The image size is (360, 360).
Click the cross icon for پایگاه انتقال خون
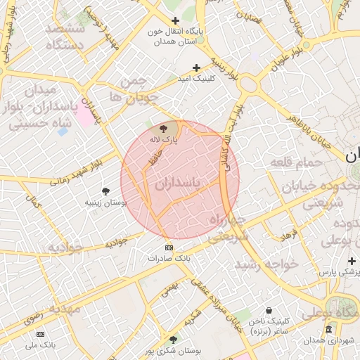pos(175,21)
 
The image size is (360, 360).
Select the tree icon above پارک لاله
pos(164,129)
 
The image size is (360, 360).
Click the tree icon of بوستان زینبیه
pos(105,191)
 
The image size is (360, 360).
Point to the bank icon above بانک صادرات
pos(169,247)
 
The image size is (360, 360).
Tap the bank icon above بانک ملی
pos(40,334)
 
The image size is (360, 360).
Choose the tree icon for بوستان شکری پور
pos(174,339)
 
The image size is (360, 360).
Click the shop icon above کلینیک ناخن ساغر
pos(269,310)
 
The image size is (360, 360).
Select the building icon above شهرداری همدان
pos(328,330)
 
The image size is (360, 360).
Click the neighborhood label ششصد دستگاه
pos(65,37)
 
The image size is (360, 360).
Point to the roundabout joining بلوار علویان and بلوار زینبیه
pos(247,84)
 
